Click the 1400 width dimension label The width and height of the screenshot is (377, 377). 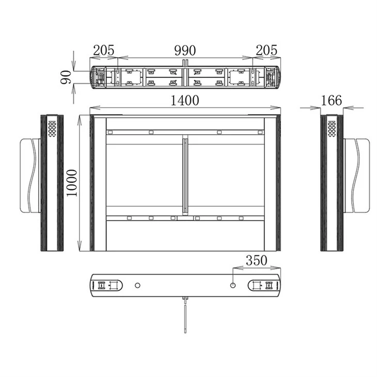185,101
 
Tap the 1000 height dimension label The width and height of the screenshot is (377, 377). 72,183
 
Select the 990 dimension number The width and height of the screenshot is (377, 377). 185,51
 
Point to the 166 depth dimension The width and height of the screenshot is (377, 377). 332,101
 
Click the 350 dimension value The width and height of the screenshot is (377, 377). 257,260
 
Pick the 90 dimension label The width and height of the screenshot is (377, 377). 66,77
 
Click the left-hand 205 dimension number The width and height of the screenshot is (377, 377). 104,51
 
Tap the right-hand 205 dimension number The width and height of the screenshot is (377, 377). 266,51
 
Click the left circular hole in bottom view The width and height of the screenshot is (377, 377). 137,286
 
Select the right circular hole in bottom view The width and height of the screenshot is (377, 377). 233,286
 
